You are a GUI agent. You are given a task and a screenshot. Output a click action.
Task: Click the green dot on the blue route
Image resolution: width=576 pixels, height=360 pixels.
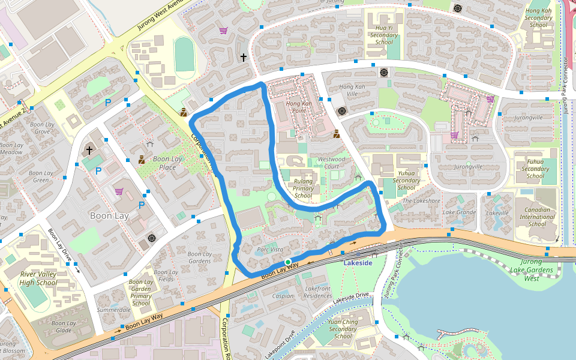(288, 262)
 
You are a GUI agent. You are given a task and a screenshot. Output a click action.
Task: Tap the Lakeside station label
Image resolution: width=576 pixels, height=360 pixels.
(358, 263)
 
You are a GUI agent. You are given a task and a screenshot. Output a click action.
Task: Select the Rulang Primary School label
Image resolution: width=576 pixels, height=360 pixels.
(303, 188)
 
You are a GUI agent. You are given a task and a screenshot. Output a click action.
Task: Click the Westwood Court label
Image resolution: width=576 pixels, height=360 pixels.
(332, 163)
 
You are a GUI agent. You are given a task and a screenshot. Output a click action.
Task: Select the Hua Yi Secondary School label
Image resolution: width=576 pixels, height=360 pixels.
(384, 35)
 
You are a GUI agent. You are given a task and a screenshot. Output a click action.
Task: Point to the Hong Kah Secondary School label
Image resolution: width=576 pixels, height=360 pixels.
(538, 17)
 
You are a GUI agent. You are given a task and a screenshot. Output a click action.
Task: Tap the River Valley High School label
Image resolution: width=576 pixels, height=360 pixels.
(38, 278)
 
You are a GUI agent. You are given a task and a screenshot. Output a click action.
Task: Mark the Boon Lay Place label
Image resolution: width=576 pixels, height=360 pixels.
(167, 163)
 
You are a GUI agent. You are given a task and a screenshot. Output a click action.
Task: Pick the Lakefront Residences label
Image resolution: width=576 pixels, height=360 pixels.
(318, 292)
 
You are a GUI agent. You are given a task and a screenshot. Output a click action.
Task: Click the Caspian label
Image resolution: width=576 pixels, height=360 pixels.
(283, 296)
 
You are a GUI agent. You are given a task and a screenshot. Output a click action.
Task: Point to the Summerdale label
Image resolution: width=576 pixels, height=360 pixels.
(114, 310)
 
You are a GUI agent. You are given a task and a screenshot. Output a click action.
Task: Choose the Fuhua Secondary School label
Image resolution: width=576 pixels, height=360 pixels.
(535, 169)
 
